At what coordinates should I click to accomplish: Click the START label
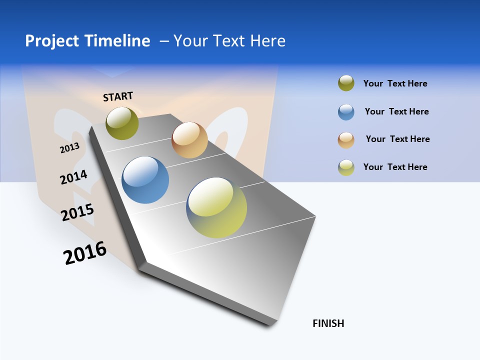(x=118, y=96)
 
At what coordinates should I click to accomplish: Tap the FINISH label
(x=328, y=323)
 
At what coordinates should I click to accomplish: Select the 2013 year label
(x=69, y=147)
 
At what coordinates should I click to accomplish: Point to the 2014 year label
(x=73, y=177)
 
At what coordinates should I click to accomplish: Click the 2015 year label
(x=77, y=212)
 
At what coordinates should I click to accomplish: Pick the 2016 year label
(x=85, y=253)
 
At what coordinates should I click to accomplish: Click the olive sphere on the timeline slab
(x=122, y=123)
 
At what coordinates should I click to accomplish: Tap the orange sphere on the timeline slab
(x=189, y=140)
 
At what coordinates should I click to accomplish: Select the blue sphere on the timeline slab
(x=145, y=180)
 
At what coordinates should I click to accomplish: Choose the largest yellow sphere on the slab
(x=216, y=207)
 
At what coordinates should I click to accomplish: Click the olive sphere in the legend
(x=346, y=83)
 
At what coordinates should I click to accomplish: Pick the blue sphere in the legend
(x=346, y=112)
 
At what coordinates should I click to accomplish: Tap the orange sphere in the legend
(x=346, y=140)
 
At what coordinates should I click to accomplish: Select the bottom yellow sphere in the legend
(x=346, y=167)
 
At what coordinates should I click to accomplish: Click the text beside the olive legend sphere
(x=395, y=83)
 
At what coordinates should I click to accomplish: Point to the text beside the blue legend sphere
(x=396, y=111)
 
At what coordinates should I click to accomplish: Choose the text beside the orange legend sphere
(x=397, y=139)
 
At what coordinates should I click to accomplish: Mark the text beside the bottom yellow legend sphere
(x=395, y=167)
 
